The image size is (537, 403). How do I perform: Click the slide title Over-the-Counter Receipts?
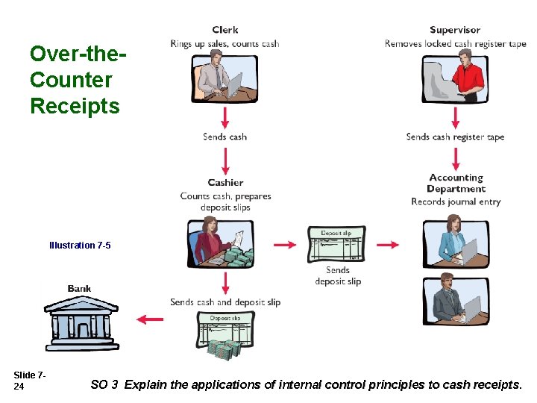[x=75, y=80]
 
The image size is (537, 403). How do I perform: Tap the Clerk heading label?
[x=224, y=30]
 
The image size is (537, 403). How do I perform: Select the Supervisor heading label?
[x=455, y=30]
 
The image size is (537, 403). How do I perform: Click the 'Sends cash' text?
[x=224, y=137]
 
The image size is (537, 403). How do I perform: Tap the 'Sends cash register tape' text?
[x=455, y=137]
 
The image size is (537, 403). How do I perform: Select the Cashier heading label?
[x=225, y=182]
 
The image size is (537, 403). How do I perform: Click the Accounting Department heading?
[x=456, y=183]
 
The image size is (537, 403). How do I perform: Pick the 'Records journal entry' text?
[x=456, y=201]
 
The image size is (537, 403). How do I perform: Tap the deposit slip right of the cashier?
[x=337, y=244]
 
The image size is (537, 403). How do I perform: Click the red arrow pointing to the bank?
[x=150, y=319]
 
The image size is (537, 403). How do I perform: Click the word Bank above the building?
[x=80, y=289]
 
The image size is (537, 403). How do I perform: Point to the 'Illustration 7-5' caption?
[x=80, y=245]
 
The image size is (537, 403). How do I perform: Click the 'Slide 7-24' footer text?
[x=30, y=380]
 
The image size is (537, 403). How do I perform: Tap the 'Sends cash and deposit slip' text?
[x=225, y=302]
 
